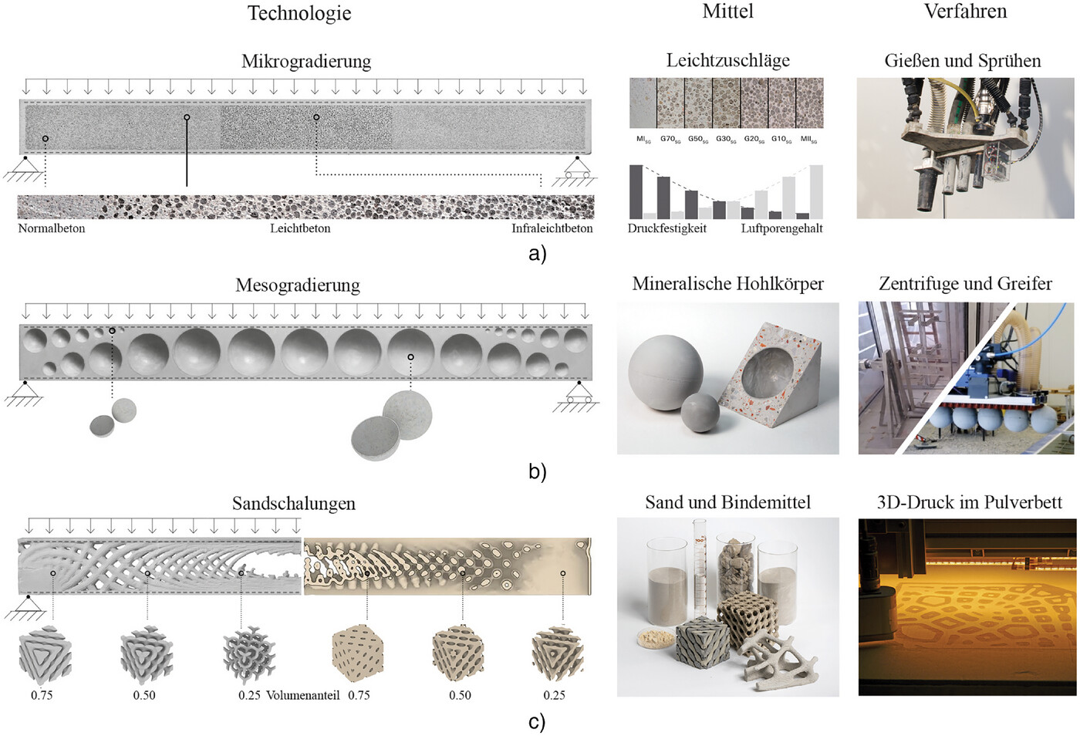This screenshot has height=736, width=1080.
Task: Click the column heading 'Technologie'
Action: tap(299, 13)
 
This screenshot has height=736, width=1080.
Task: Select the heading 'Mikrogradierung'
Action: tap(305, 61)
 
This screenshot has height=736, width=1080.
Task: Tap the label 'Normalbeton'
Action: tap(52, 228)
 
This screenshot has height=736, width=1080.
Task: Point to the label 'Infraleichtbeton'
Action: tap(552, 228)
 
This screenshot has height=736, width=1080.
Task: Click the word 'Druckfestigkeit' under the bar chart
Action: tap(667, 228)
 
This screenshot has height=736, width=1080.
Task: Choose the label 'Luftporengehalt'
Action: tap(781, 228)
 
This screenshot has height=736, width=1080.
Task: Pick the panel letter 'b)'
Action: tap(537, 471)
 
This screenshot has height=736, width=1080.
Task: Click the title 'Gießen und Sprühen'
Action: tap(962, 61)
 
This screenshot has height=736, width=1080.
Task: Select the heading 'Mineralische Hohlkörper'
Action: tap(727, 284)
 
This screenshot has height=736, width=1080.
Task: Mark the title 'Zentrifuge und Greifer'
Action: tap(965, 284)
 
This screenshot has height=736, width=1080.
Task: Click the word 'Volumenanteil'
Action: tap(302, 695)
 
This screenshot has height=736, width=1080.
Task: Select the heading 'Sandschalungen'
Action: tap(294, 504)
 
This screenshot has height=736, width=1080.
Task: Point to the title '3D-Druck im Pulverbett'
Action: tap(969, 503)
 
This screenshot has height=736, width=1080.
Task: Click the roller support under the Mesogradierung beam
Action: tap(578, 394)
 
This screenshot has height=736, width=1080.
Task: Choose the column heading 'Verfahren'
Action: tap(965, 12)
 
